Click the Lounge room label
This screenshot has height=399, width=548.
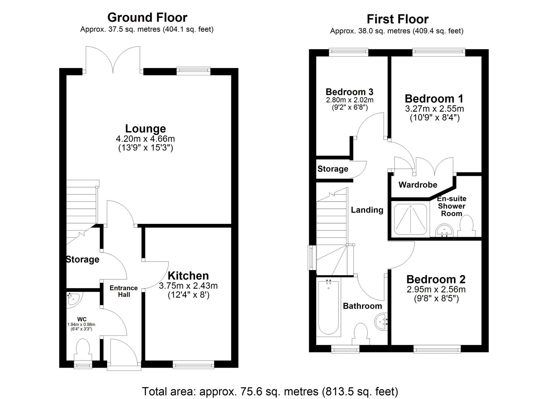point(145,129)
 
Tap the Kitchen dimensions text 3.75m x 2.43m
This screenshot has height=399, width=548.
point(188,286)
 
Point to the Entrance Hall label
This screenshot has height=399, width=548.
point(124,291)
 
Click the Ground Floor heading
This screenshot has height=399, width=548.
point(147,17)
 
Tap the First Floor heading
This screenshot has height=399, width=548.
point(397,19)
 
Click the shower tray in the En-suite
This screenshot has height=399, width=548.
point(410,218)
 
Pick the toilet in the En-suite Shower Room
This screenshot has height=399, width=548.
point(466,225)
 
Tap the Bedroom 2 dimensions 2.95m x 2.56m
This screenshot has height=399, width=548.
point(436,289)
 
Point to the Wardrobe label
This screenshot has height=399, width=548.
point(417,185)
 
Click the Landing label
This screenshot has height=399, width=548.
point(367,210)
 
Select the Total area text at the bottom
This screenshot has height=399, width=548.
point(270,391)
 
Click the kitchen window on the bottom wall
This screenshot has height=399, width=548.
point(193,365)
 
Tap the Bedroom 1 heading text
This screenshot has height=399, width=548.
point(434,99)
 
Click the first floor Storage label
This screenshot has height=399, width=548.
point(332,169)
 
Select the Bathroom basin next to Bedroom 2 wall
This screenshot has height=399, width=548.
point(381,320)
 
